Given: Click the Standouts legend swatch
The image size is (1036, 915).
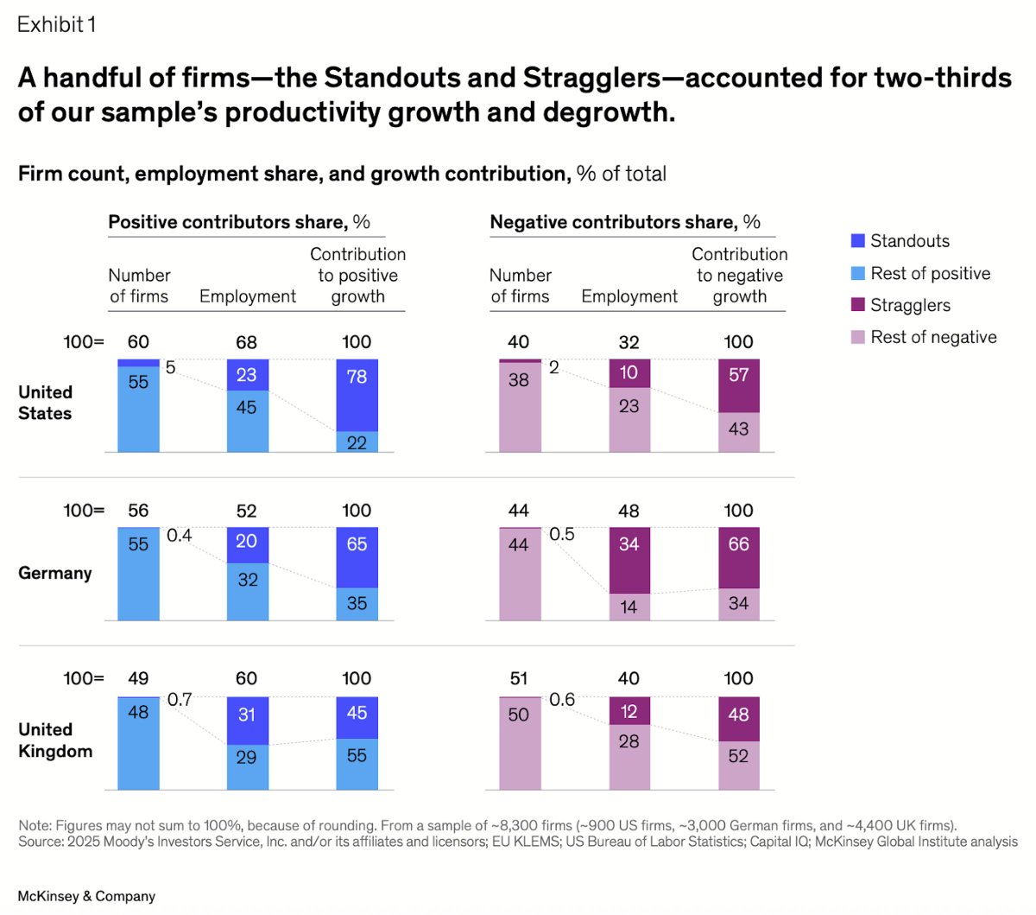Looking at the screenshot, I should (857, 241).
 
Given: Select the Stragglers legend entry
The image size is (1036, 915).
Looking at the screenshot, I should (910, 305).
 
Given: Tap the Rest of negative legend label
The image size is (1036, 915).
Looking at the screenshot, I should (933, 337).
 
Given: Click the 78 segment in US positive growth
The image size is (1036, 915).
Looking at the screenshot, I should (357, 394).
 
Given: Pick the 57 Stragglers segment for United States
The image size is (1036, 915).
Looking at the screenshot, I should (739, 385).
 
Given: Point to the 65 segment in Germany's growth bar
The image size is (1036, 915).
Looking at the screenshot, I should (357, 557).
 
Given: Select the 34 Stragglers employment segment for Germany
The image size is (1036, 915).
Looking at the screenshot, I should (629, 560).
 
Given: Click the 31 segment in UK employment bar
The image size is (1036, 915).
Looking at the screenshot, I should (248, 721).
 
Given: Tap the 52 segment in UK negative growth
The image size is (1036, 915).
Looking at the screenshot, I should (739, 765).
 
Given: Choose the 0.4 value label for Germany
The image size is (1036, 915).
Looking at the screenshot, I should (179, 536).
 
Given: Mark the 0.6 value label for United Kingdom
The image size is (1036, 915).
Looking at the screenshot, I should (562, 700).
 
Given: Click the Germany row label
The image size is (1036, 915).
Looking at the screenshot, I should (54, 573).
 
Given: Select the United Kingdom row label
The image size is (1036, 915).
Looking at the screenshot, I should (54, 740).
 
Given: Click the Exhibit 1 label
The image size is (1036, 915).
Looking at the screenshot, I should (56, 24).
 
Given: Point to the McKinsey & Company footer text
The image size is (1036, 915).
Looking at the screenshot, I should (86, 896).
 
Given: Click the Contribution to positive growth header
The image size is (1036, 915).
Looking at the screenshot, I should (357, 276).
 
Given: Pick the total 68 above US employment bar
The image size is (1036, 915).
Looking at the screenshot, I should (247, 342).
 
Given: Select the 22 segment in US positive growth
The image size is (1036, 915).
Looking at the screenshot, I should (357, 442).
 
